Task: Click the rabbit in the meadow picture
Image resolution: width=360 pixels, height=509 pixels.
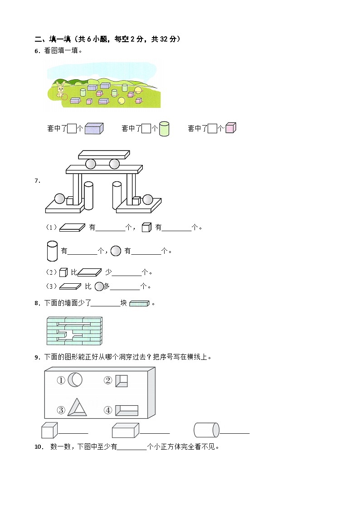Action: point(60,91)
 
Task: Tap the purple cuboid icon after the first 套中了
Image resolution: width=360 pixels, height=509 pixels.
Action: point(94,128)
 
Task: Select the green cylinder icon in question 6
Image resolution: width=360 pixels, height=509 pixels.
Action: point(164,129)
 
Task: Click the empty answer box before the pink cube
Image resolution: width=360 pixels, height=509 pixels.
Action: point(212,129)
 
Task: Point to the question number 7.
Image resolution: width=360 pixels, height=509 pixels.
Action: point(37,181)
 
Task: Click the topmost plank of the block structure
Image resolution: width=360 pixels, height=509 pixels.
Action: point(104,155)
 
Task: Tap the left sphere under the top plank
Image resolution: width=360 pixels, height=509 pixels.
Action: point(91,164)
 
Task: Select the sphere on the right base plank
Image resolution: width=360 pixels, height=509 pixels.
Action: point(148,199)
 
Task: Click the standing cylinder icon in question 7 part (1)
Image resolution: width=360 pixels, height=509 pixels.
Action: point(52,251)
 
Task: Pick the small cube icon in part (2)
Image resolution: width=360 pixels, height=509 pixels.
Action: point(63,272)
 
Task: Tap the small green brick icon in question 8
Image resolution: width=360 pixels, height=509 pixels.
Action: point(139,303)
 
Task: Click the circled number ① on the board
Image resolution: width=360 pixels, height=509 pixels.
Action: point(61,381)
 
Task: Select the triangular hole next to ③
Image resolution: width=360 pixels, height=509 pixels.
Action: point(77,407)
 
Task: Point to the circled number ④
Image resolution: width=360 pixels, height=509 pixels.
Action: point(108,410)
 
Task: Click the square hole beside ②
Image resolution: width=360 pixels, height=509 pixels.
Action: point(121,381)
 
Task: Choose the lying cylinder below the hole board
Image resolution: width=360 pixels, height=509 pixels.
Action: point(206,430)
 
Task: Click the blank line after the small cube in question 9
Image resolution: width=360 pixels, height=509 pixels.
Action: point(73,433)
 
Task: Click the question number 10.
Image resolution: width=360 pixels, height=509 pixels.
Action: point(39,447)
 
